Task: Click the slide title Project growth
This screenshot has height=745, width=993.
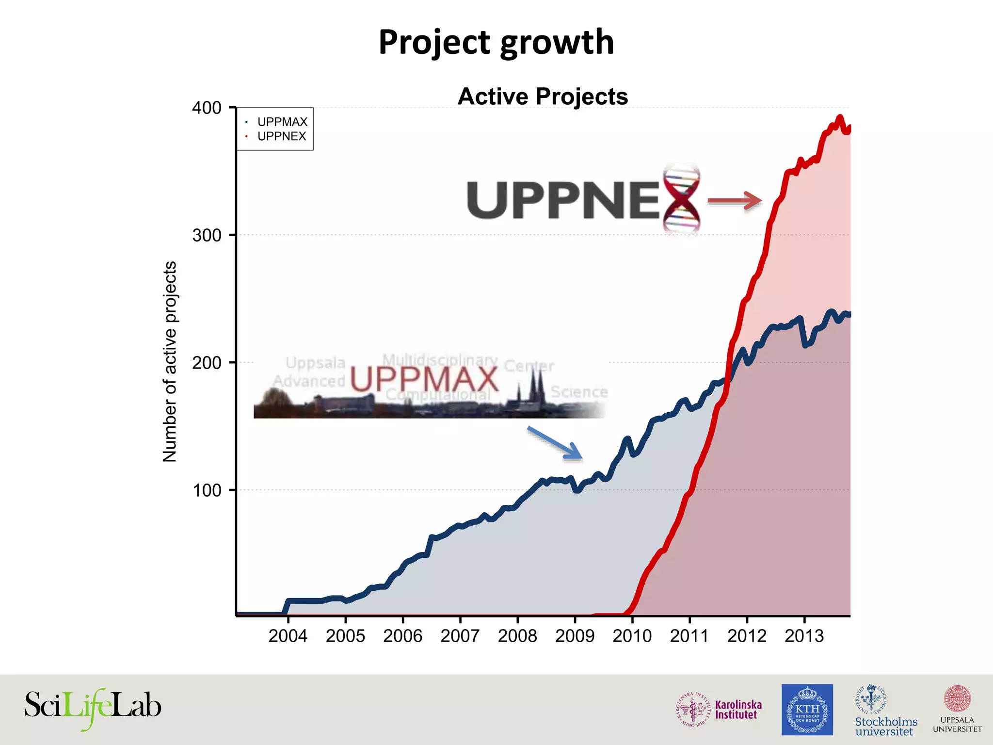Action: click(x=496, y=42)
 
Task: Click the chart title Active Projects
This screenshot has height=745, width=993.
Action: click(x=543, y=97)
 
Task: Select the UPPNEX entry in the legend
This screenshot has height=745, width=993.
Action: click(x=282, y=136)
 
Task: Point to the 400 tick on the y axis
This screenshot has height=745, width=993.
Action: click(x=207, y=108)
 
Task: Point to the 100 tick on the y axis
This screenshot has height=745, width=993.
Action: click(x=207, y=490)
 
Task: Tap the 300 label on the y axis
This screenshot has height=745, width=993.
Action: click(x=207, y=235)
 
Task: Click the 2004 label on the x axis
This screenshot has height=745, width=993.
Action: click(x=288, y=636)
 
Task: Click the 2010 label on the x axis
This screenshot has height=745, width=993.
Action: click(x=632, y=636)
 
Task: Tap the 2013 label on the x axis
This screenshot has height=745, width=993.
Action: click(x=804, y=636)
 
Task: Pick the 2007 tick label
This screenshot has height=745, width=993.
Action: click(x=460, y=636)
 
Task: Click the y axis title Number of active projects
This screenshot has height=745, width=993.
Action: click(x=170, y=361)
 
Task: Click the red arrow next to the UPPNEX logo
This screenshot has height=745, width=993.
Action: click(x=735, y=200)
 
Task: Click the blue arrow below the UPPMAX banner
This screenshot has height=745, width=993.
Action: click(x=555, y=442)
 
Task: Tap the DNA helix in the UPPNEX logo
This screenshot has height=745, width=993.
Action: click(x=682, y=199)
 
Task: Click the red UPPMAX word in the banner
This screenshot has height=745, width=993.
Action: click(x=424, y=379)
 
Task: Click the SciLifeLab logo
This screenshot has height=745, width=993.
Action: click(x=93, y=708)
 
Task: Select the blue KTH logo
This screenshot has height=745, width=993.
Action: click(x=807, y=709)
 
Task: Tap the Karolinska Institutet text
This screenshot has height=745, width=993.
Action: click(x=738, y=710)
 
